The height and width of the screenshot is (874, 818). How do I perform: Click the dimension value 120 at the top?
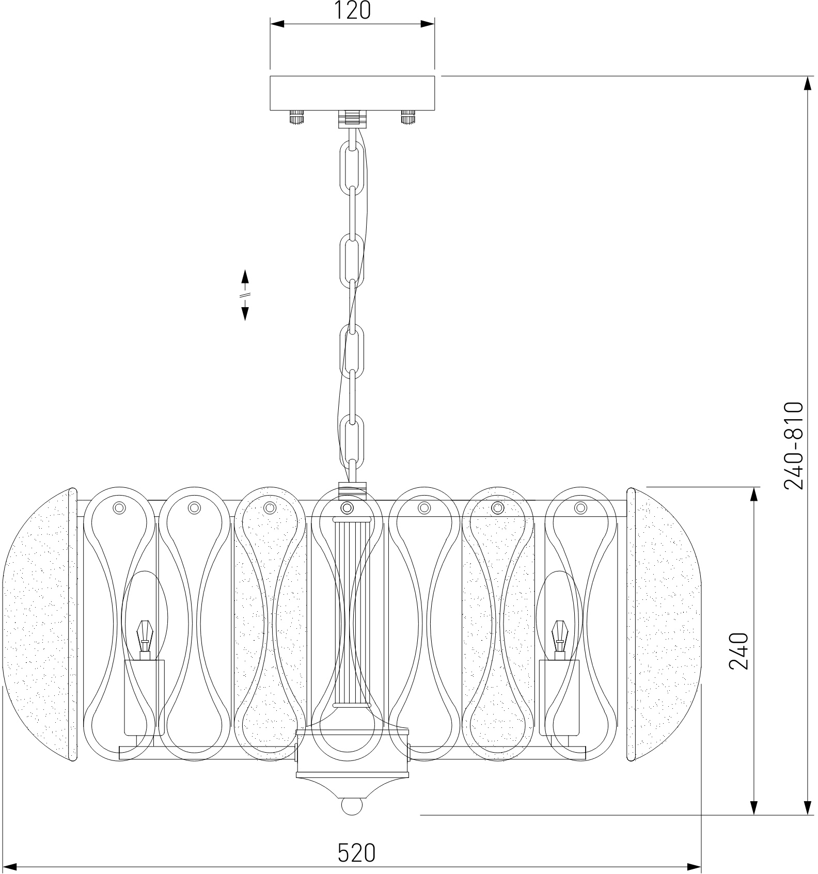tap(352, 11)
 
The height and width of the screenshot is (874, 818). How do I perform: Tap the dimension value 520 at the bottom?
tap(356, 852)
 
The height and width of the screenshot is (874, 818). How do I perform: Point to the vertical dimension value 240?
tap(738, 651)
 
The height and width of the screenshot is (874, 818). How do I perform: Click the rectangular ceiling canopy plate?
tap(352, 93)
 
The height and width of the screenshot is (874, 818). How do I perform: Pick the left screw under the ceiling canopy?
tap(296, 117)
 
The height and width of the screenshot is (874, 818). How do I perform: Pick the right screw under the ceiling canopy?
tap(408, 117)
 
